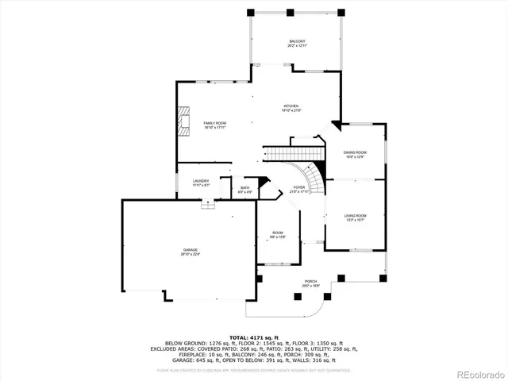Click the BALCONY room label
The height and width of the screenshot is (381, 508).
[296, 40]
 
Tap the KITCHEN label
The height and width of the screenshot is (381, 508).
[291, 106]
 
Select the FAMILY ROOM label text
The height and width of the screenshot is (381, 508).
[214, 123]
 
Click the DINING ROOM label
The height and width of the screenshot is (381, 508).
[355, 152]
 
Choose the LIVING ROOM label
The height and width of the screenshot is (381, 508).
[355, 216]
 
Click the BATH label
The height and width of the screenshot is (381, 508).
[245, 188]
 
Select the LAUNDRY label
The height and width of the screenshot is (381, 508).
[201, 180]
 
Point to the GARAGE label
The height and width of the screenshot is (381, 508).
[190, 250]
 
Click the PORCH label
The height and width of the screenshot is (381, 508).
[310, 281]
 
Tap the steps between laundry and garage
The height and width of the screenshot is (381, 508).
[208, 203]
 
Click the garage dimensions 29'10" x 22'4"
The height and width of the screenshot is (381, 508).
[190, 255]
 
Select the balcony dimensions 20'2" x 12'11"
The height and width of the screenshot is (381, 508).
[296, 45]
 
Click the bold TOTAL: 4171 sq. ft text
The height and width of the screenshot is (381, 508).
[253, 338]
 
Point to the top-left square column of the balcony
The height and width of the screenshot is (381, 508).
[252, 12]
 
